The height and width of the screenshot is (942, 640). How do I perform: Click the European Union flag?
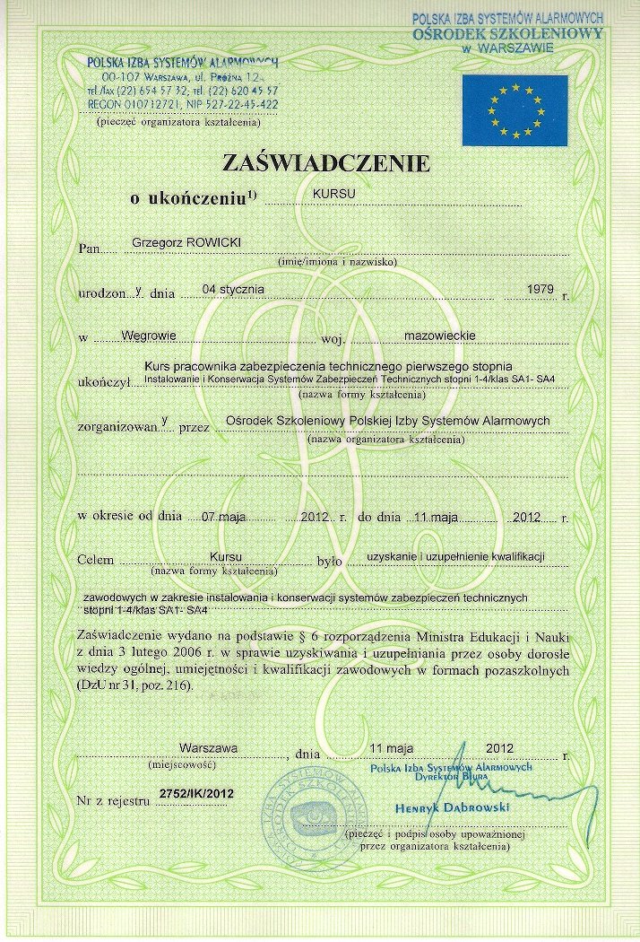pyautogui.click(x=515, y=110)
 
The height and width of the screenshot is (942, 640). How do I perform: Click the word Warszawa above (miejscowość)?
pyautogui.click(x=208, y=747)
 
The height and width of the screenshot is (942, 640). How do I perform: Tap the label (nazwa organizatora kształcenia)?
pyautogui.click(x=385, y=440)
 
